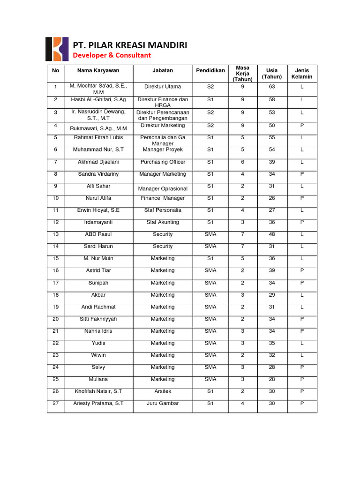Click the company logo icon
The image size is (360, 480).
pos(56,49)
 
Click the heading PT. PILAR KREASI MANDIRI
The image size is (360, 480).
pos(130,45)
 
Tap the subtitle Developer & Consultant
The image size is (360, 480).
pos(112,55)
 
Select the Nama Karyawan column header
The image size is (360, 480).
pos(98,70)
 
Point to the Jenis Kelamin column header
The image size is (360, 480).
pos(302,74)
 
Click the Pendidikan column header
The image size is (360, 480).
pos(210,70)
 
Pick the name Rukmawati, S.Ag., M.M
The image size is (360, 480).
pos(98,128)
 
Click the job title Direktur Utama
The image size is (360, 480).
pos(163,87)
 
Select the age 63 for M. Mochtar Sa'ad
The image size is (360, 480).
pos(272,87)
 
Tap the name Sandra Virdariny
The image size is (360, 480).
pos(98,174)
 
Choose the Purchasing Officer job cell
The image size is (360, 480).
pos(163,162)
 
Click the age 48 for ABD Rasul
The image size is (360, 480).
pos(272,234)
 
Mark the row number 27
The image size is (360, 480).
pos(56,403)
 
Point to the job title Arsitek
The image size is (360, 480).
pos(163,391)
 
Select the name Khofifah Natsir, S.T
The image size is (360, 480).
pos(98,391)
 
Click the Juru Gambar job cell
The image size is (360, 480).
pos(163,403)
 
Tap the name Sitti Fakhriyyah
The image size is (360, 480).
pos(98,319)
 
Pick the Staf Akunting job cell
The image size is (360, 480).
pos(163,222)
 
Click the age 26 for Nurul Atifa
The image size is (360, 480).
pos(272,198)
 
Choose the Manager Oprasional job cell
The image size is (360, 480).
pos(163,188)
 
